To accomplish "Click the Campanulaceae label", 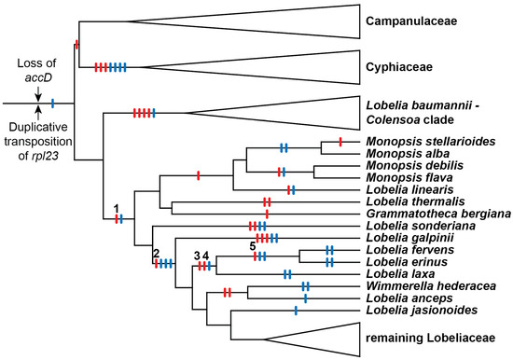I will point(411,20).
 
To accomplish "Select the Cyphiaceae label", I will point(401,66).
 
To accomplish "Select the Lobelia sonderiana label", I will point(413,227).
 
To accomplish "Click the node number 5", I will point(252,244).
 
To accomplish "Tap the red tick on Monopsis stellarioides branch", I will point(340,142).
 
